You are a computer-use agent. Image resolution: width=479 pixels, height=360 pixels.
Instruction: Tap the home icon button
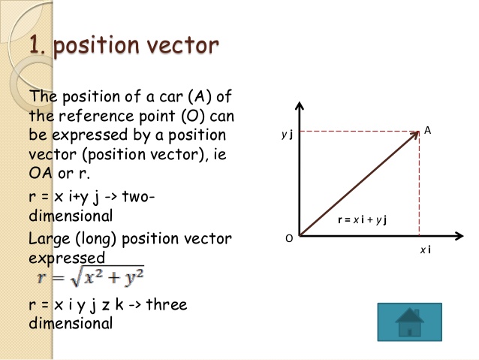409,324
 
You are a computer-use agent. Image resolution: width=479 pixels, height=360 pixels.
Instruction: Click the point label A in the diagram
427,131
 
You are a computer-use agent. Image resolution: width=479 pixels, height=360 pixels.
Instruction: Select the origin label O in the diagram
288,238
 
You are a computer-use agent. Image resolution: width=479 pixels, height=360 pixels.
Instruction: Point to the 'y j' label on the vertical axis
286,135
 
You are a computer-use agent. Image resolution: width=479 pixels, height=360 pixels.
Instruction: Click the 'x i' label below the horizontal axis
425,249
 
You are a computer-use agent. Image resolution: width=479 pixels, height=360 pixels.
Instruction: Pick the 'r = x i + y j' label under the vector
366,219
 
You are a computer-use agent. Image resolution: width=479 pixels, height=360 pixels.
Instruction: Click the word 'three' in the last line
166,305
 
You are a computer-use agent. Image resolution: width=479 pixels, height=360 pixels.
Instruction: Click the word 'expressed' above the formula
67,258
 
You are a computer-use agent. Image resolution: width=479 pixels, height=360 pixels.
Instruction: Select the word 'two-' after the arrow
137,197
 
